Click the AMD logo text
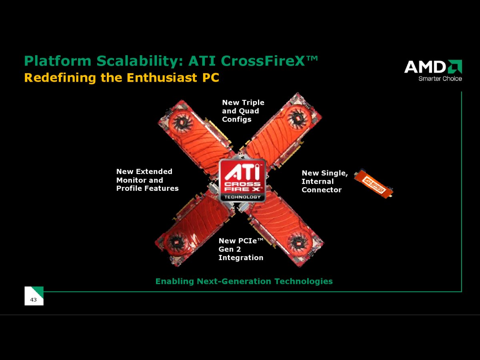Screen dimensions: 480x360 (425, 67)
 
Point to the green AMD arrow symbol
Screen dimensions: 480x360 (455, 67)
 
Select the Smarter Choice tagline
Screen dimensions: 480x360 (440, 79)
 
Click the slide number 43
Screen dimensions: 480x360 (33, 300)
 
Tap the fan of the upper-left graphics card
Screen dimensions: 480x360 (181, 122)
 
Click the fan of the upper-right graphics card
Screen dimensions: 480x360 (298, 118)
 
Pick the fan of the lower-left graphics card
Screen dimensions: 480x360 (177, 242)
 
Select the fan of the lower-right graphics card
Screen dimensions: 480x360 (298, 243)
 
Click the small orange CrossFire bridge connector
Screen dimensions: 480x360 (374, 184)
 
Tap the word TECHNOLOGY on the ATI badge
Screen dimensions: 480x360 (242, 197)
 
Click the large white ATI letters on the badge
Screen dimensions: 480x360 (242, 172)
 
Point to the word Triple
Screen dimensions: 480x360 (253, 103)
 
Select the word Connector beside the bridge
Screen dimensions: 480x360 (322, 190)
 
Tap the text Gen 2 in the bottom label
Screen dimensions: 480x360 (230, 249)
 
